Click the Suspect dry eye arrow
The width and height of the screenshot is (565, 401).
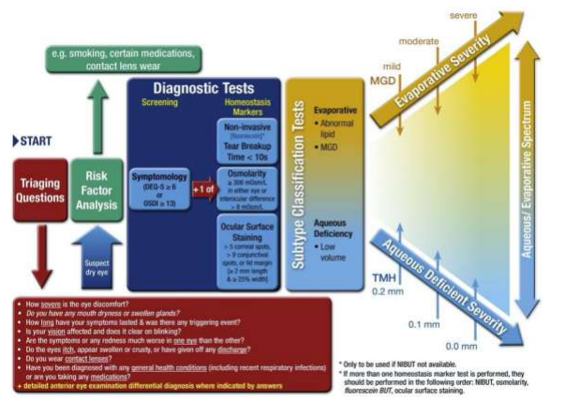(97, 254)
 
